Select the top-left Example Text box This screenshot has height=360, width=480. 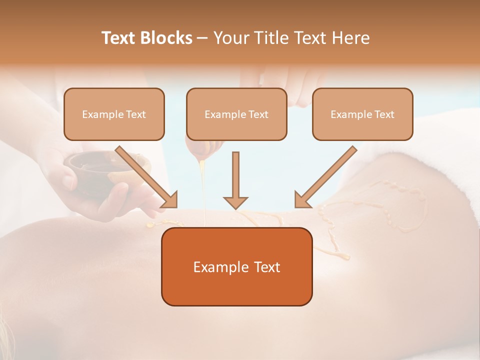[114, 114]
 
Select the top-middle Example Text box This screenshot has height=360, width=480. [236, 114]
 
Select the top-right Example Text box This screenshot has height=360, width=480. [362, 114]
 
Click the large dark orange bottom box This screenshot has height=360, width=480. [236, 266]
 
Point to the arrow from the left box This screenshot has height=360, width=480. [147, 177]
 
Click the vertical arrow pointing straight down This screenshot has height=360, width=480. [235, 180]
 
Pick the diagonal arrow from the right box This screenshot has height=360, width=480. [325, 177]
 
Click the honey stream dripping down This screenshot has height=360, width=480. [203, 190]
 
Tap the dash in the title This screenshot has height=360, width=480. [202, 38]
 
